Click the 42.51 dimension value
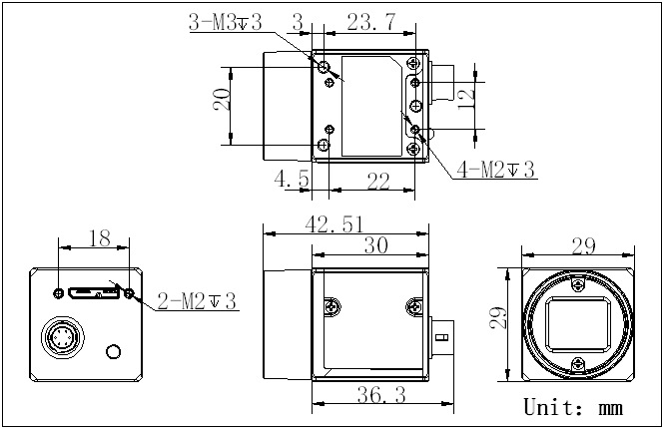click(333, 224)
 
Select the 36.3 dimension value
click(381, 395)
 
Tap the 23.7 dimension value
click(371, 22)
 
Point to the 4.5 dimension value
click(292, 179)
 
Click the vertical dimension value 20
click(223, 100)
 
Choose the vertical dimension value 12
click(467, 98)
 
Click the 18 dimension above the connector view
click(100, 238)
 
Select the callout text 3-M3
click(226, 22)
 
